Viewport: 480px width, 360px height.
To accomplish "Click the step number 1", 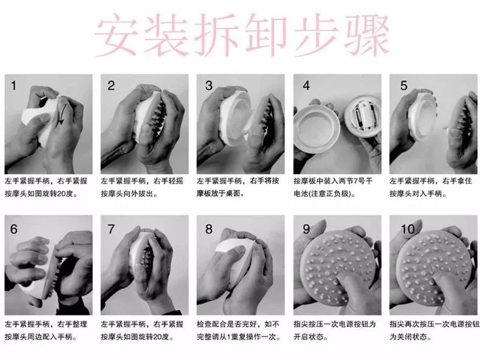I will (x=13, y=86).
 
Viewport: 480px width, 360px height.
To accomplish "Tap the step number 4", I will (x=306, y=86).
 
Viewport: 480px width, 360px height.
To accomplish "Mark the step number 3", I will (x=209, y=86).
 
